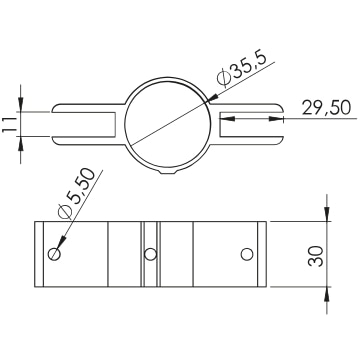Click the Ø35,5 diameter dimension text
[242, 69]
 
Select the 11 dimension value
[9, 124]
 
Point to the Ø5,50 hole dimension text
[76, 194]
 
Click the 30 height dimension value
[316, 256]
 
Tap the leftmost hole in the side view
[54, 254]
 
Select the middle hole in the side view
[150, 254]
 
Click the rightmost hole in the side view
[247, 254]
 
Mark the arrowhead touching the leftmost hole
[61, 242]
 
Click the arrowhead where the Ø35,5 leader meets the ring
[212, 98]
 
